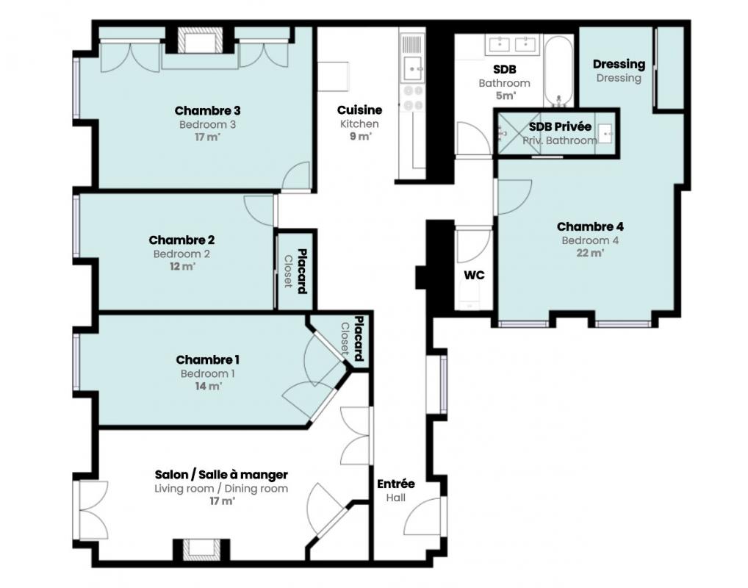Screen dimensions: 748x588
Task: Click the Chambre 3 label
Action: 207,111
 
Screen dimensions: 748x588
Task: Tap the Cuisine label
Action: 360,110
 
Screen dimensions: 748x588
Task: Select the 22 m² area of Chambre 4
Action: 590,253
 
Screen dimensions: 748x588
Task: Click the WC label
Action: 474,276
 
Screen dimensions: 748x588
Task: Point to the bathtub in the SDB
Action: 558,71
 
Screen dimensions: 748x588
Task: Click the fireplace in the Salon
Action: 202,549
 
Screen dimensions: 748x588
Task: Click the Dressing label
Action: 619,64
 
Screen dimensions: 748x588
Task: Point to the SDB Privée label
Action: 560,127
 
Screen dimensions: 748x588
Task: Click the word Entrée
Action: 396,484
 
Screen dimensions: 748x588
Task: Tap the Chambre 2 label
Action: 181,240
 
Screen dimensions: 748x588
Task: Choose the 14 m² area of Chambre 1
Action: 208,386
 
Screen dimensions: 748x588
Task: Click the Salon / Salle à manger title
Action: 221,475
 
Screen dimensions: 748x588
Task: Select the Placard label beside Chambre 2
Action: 302,271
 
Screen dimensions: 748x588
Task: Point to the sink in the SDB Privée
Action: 605,134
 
